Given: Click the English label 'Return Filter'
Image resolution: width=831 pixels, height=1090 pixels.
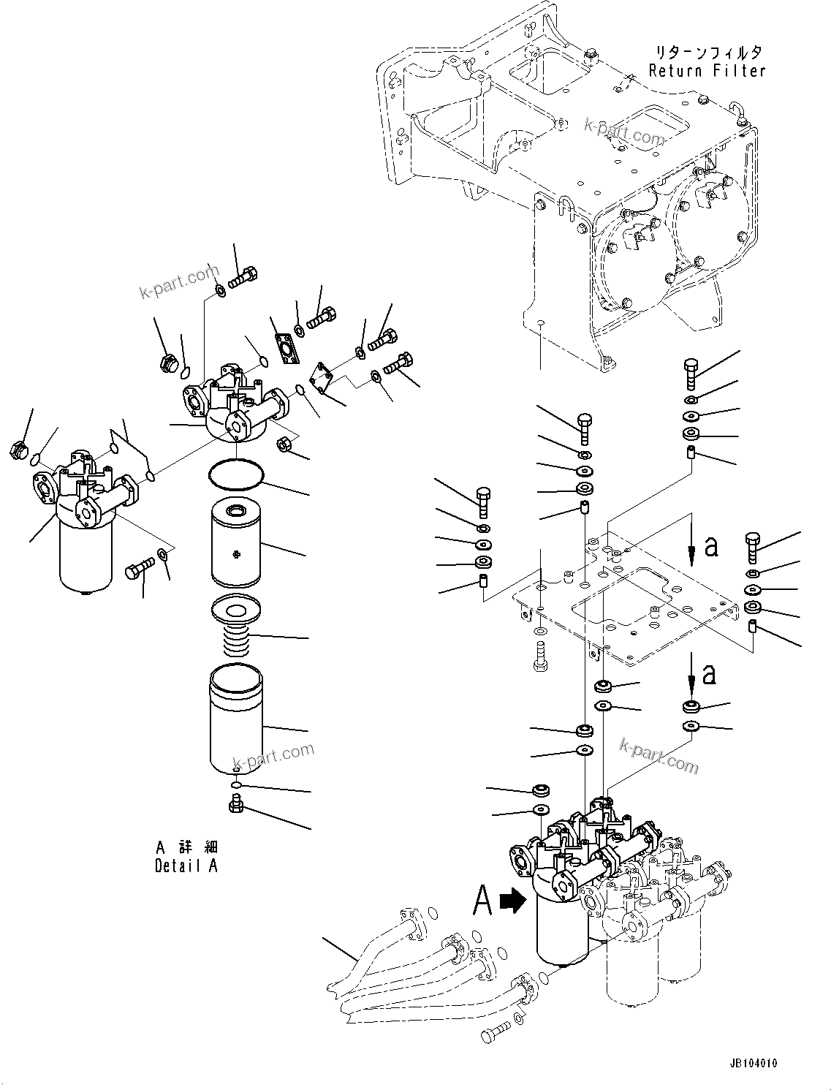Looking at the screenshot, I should click(x=707, y=71).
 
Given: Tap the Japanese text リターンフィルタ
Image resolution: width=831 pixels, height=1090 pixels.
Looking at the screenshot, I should click(x=707, y=53).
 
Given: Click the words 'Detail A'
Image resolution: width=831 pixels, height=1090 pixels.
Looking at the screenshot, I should click(x=186, y=866).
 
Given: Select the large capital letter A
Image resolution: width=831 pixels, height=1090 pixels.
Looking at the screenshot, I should click(x=482, y=900).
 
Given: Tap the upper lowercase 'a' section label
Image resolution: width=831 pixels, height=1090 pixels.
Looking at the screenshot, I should click(x=710, y=545).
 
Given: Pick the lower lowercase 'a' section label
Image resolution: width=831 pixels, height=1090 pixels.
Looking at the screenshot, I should click(x=709, y=674).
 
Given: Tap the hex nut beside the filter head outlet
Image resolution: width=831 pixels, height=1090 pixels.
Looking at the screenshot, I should click(x=284, y=444).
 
